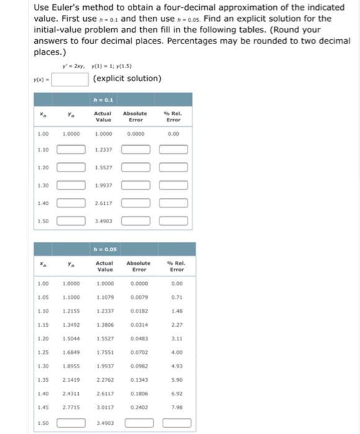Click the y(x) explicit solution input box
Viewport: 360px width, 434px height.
point(70,79)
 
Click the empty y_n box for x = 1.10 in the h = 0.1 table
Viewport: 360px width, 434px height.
point(71,150)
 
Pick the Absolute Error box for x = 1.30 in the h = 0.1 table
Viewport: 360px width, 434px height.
point(135,185)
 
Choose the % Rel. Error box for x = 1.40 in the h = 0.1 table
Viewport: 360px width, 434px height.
point(174,203)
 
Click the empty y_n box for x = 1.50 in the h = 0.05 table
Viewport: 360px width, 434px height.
point(71,424)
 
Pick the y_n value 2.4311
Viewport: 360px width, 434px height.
point(71,393)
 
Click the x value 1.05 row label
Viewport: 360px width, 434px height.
point(42,297)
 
